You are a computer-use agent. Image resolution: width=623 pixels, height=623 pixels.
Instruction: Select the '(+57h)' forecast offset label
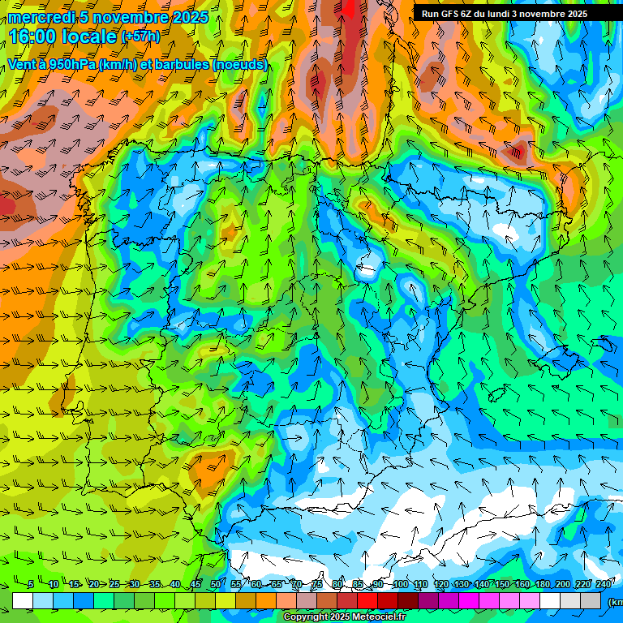pyautogui.click(x=140, y=37)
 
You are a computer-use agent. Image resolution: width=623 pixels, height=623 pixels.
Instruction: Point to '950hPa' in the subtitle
pyautogui.click(x=73, y=64)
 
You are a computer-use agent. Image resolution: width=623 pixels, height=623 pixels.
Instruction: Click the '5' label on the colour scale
pyautogui.click(x=31, y=584)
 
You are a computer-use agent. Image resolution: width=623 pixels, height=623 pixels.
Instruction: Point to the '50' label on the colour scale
pyautogui.click(x=215, y=584)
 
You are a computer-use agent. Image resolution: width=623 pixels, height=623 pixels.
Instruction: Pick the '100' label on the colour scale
pyautogui.click(x=401, y=584)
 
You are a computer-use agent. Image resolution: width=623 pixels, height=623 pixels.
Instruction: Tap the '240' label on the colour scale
pyautogui.click(x=604, y=584)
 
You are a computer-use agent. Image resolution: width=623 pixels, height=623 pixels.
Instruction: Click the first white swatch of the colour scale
pyautogui.click(x=23, y=600)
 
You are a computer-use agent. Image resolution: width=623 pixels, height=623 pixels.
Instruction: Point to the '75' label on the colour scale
pyautogui.click(x=317, y=584)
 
